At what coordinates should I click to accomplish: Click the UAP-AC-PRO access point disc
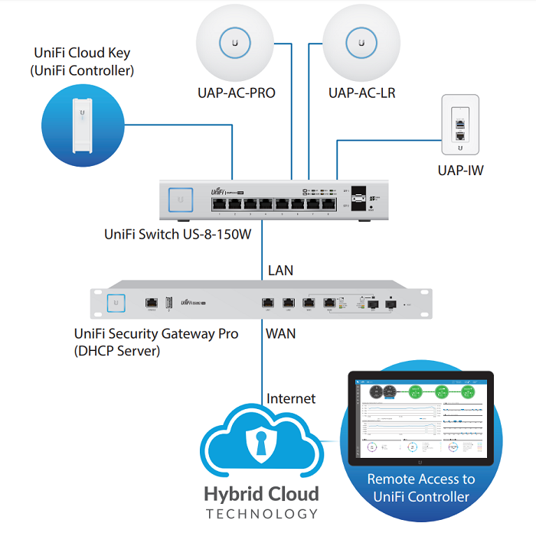point(235,42)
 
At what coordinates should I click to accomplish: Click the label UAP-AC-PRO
point(236,93)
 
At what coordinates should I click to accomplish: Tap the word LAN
point(280,271)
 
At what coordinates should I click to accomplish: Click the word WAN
point(281,333)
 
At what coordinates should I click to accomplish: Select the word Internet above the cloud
point(291,398)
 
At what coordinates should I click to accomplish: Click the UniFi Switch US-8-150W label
point(178,235)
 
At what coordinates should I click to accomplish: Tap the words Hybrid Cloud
point(261,493)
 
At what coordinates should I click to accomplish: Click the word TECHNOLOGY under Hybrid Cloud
point(261,515)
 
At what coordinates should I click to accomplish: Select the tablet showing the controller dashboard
point(420,417)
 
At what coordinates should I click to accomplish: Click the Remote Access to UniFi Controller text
point(421,488)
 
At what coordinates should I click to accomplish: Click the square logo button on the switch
point(181,198)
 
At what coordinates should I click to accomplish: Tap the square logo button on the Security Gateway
point(116,303)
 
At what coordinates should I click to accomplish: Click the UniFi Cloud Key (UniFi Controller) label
point(82,62)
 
